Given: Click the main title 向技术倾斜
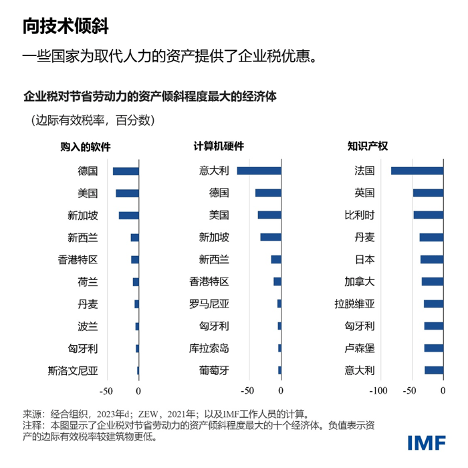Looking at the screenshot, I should [x=65, y=25].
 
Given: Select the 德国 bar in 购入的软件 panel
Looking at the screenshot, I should [x=126, y=171].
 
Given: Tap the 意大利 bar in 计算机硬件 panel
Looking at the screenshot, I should [x=259, y=171].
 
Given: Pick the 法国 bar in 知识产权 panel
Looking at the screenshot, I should [x=417, y=171].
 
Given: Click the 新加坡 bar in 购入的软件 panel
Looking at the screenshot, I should [x=128, y=215].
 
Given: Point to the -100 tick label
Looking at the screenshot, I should [x=378, y=390].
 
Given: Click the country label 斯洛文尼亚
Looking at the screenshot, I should [x=73, y=370].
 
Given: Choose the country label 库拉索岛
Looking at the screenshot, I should [x=209, y=348].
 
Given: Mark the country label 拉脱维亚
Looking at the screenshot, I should [x=354, y=304].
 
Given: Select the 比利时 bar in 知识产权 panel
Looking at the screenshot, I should [x=428, y=215].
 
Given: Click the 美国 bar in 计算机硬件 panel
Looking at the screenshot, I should [x=269, y=215].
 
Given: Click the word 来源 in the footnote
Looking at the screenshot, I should [x=31, y=413].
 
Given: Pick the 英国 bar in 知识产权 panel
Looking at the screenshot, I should [x=428, y=193].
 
